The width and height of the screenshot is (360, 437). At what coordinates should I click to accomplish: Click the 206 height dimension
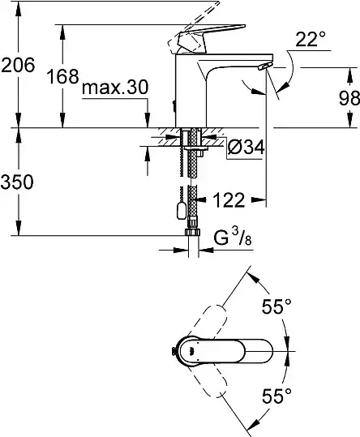click(x=18, y=65)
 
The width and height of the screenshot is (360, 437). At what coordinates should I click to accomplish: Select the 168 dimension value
click(x=62, y=76)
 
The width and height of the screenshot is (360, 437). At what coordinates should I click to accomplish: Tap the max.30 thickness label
click(x=115, y=88)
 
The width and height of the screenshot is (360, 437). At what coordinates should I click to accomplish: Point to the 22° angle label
click(x=310, y=39)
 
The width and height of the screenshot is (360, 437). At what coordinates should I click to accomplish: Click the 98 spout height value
click(x=349, y=98)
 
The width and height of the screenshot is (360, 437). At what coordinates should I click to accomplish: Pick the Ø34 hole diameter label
click(x=246, y=147)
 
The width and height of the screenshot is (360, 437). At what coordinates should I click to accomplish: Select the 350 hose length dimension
click(x=17, y=182)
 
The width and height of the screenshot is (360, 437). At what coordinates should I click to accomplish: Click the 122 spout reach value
click(x=229, y=199)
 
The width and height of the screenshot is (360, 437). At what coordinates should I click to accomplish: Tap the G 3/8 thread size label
click(x=233, y=238)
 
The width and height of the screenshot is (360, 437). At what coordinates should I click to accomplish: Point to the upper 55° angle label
click(x=276, y=306)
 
